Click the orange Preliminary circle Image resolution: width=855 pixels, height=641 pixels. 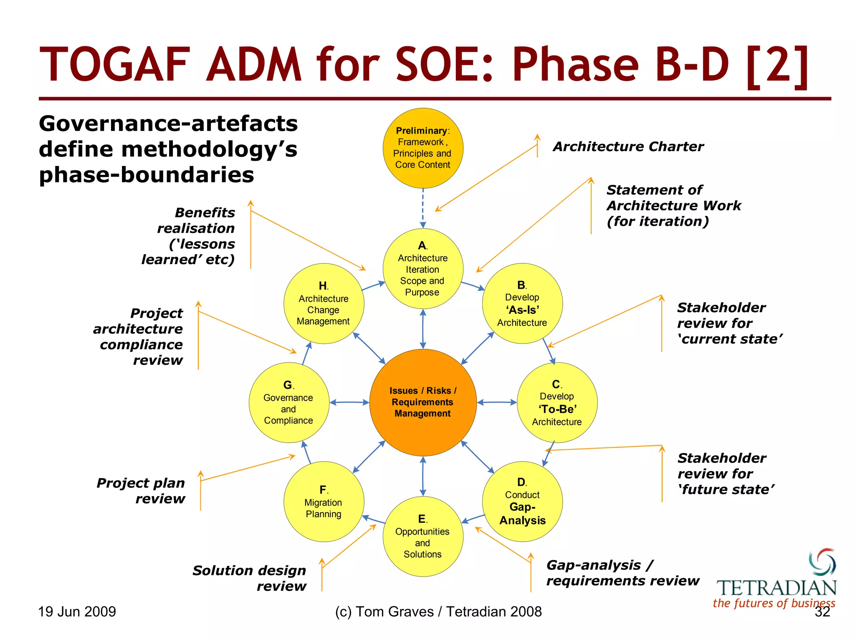click(422, 148)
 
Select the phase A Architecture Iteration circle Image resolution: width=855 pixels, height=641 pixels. click(422, 269)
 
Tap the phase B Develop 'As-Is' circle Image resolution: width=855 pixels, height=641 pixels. click(522, 303)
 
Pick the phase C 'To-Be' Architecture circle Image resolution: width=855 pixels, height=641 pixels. click(557, 402)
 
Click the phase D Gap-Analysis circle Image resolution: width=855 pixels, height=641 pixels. click(522, 501)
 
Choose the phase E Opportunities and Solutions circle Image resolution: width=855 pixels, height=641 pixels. click(422, 537)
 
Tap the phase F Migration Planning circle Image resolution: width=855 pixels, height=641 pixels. click(324, 501)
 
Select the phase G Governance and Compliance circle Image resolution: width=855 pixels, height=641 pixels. click(288, 402)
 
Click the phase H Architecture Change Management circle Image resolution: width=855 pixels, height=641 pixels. click(324, 303)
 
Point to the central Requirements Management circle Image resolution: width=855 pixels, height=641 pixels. click(422, 402)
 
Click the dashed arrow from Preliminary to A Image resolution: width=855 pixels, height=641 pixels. click(422, 208)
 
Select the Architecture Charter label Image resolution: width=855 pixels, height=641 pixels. click(628, 146)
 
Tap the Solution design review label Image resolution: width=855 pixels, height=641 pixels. click(250, 578)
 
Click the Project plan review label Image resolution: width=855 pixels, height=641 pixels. click(141, 490)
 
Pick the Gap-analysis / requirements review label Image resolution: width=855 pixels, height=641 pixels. click(622, 573)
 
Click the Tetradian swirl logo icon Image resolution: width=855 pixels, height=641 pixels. click(822, 562)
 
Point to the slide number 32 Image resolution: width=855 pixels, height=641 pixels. click(822, 612)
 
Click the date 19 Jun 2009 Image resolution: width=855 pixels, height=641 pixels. click(77, 612)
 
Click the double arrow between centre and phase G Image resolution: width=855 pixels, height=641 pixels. click(349, 402)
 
